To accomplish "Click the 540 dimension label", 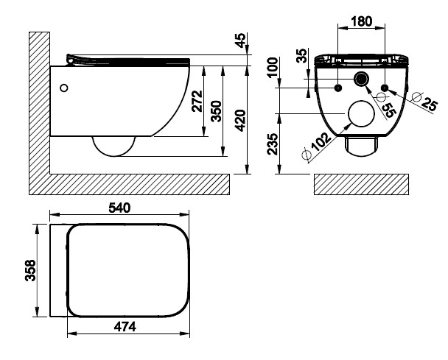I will pos(120,208).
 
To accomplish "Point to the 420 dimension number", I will pos(239,119).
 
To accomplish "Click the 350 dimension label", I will pos(216,111).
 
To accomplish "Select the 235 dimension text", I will pos(272,146).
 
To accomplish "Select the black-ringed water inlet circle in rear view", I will pos(361,80).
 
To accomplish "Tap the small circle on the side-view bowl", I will pos(65,88).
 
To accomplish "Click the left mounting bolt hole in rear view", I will pos(337,88).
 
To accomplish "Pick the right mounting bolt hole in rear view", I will pos(384,88).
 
